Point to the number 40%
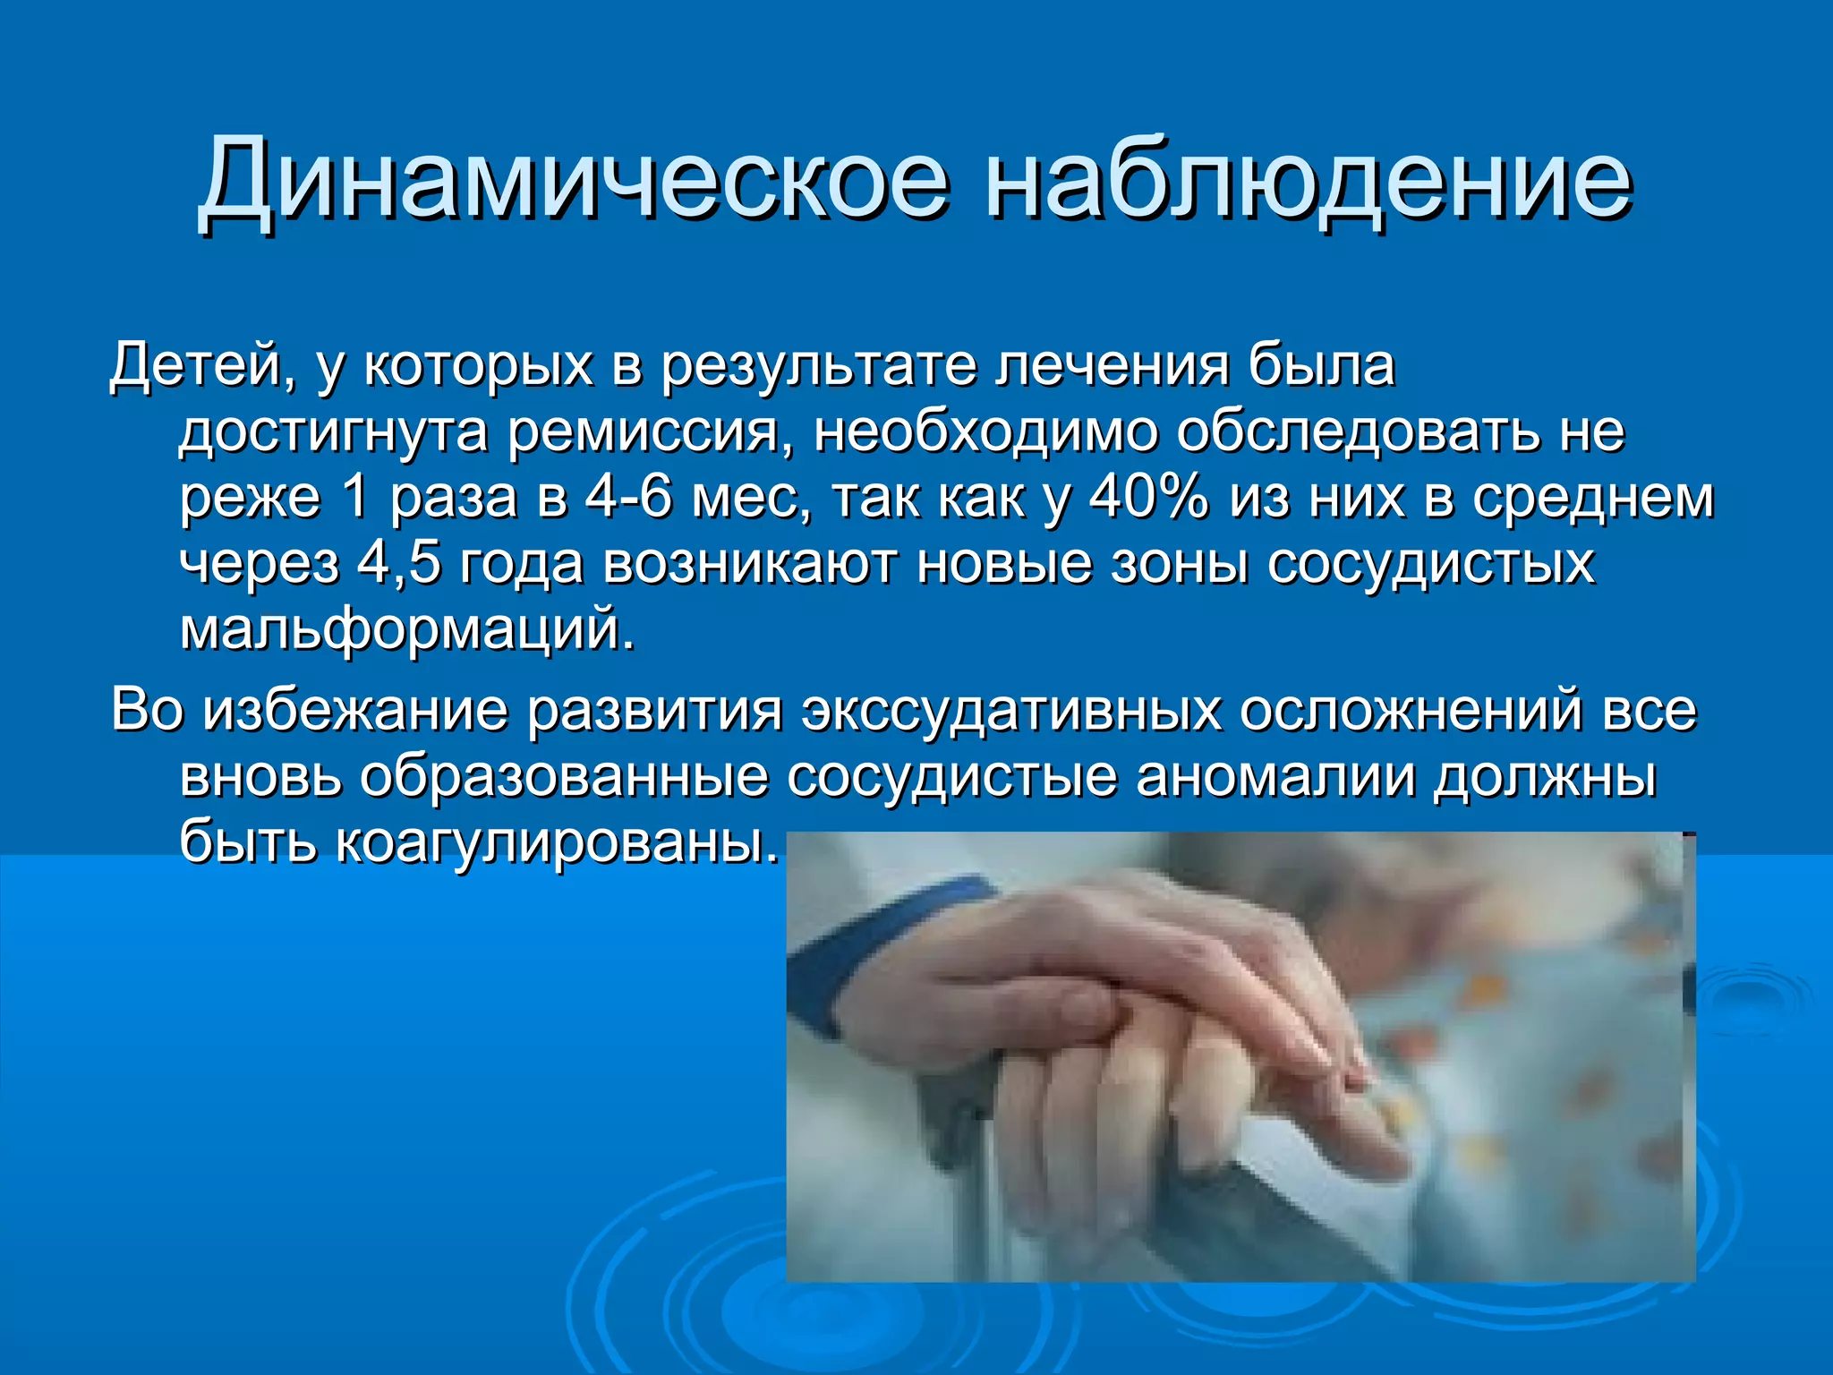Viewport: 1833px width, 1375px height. pos(1148,498)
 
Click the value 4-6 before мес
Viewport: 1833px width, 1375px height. pos(627,498)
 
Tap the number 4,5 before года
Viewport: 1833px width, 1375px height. pos(398,564)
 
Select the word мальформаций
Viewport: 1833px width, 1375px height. pos(407,629)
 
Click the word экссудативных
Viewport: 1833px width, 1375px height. pos(1011,711)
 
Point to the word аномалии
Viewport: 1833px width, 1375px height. pos(1275,776)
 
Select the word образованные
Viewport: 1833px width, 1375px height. pos(564,776)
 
